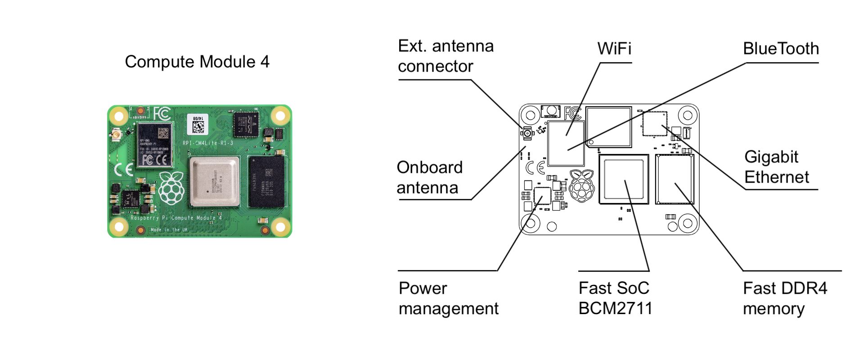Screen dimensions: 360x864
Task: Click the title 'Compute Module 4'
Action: (197, 62)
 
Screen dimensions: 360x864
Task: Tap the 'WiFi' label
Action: (614, 49)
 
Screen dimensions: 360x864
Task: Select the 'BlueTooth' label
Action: (781, 49)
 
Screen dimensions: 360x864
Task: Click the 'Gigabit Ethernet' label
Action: (777, 167)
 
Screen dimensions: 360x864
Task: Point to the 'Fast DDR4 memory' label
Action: (785, 298)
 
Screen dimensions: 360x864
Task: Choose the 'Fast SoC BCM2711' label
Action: (615, 298)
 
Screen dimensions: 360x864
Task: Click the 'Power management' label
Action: (448, 298)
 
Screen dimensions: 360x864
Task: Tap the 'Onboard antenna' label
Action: (429, 177)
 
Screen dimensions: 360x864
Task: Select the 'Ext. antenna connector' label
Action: (445, 56)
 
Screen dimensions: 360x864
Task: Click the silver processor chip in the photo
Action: (214, 182)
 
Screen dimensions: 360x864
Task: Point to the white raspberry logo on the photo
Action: (171, 188)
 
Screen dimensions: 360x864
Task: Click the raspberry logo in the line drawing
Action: (581, 185)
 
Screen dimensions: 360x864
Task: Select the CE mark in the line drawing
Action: (535, 168)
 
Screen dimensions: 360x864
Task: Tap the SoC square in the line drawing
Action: (623, 179)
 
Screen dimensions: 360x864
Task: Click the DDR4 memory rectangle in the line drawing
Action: (674, 179)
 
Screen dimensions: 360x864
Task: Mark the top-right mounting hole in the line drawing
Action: (687, 115)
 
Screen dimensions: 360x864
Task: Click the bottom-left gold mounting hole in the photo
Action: (119, 226)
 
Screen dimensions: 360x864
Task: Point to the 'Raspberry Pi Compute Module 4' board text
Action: (176, 218)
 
